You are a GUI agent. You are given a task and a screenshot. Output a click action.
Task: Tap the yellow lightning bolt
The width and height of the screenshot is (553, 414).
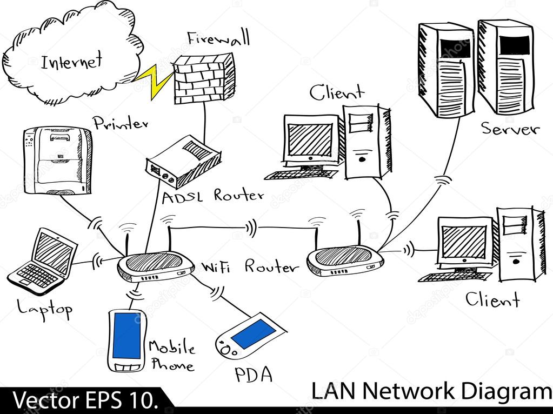(153, 81)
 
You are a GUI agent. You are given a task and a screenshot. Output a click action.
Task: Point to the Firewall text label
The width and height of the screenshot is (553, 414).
(218, 38)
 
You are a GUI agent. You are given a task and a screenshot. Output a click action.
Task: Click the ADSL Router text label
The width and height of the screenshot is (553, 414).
(213, 196)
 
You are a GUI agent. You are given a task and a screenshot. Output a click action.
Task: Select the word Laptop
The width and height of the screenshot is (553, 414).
(45, 309)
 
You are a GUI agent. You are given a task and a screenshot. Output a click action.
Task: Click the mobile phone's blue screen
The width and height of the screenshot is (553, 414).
(126, 335)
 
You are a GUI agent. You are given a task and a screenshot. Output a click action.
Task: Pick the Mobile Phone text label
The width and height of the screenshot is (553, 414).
(171, 355)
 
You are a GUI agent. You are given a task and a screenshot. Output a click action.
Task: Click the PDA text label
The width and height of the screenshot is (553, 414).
(253, 375)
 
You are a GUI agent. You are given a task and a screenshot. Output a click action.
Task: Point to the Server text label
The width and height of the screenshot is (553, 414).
(510, 129)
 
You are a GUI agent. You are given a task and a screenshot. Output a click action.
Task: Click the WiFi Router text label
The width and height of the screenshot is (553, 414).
(249, 266)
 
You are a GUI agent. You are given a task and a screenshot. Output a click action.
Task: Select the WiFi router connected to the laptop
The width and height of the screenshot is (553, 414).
(156, 265)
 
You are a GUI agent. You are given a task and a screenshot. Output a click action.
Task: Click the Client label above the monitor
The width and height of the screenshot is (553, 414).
(336, 92)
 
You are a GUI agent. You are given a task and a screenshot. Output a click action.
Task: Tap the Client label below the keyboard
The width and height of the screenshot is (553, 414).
(492, 299)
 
